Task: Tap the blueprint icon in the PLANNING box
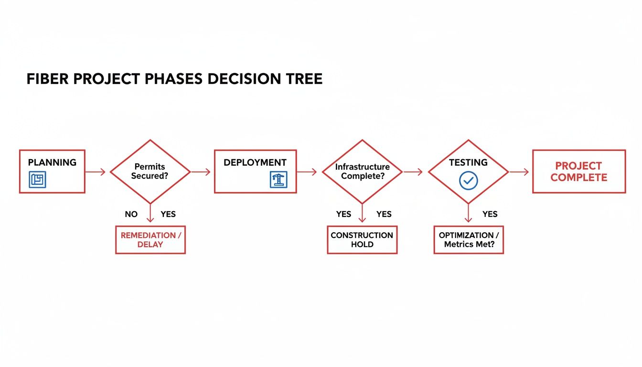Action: click(x=38, y=180)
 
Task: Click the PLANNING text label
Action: click(x=52, y=162)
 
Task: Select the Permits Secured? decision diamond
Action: click(x=150, y=172)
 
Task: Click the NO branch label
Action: click(x=131, y=214)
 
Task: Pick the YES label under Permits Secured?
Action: click(x=168, y=214)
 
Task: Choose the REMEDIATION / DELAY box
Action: click(x=150, y=240)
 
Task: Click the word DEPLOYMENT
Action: click(x=255, y=162)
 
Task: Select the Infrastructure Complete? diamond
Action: click(x=362, y=172)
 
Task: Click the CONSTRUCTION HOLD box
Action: click(x=362, y=240)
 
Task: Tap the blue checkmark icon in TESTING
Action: click(x=468, y=180)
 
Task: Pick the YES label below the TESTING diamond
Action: click(x=490, y=214)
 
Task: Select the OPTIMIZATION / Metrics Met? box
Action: click(x=468, y=240)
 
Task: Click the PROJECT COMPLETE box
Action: click(x=578, y=172)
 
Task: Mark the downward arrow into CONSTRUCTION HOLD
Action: click(x=362, y=213)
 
